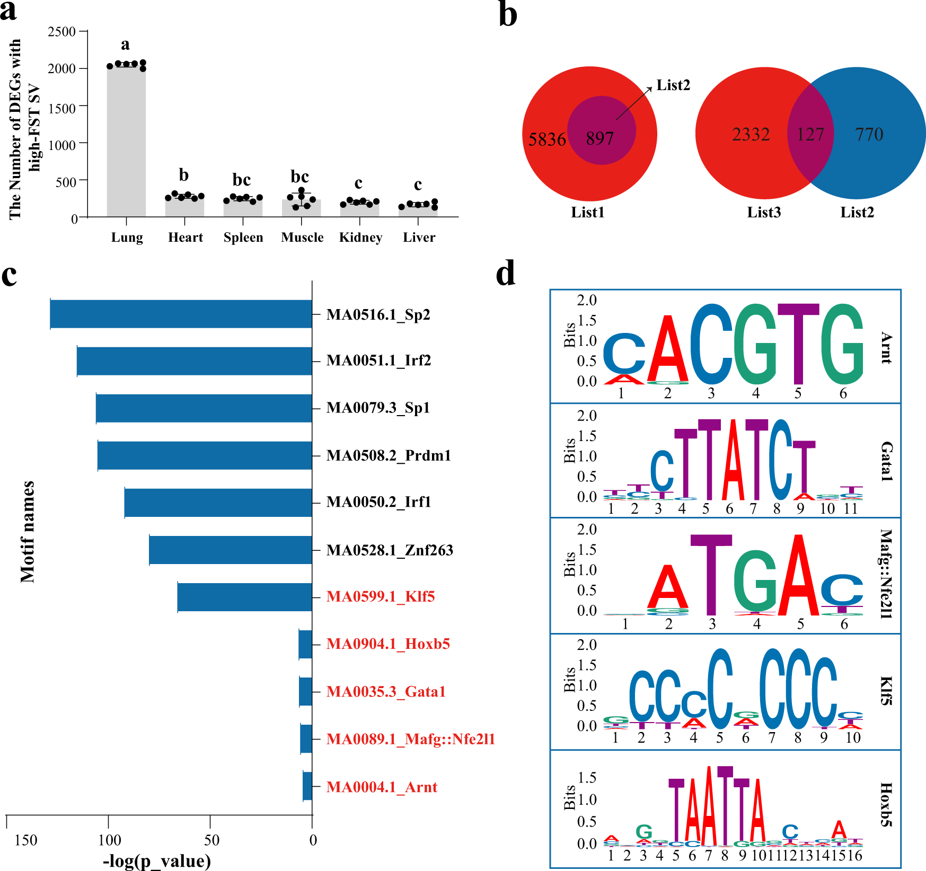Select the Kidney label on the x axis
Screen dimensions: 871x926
coord(360,237)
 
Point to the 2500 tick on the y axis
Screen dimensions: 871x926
coord(61,32)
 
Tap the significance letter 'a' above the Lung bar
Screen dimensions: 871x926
coord(125,45)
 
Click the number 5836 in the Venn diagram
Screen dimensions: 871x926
coord(547,139)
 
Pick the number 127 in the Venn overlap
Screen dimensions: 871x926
coord(810,135)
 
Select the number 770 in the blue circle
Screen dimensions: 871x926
coord(869,135)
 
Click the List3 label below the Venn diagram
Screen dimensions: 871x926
coord(764,213)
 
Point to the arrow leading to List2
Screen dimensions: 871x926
coord(634,103)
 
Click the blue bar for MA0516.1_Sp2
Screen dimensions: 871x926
coord(181,314)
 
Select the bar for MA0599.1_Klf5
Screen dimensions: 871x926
coord(244,597)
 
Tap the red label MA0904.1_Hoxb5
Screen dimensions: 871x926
coord(388,644)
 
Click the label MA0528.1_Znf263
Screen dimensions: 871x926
coord(390,550)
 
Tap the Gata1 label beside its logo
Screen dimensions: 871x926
coord(886,461)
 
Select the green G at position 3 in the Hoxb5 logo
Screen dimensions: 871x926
coord(643,831)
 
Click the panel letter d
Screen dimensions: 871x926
coord(506,274)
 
